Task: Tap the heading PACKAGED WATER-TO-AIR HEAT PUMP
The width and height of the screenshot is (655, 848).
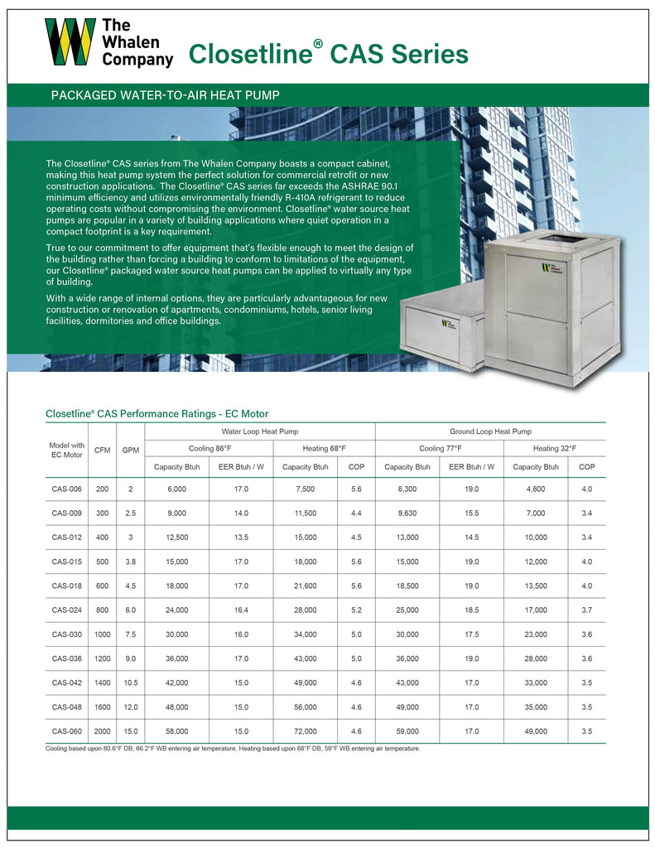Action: tap(165, 95)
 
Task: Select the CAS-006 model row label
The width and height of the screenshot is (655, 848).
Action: tap(66, 489)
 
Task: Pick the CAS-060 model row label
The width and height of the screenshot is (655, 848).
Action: tap(66, 731)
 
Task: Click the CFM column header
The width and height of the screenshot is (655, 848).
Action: tap(103, 450)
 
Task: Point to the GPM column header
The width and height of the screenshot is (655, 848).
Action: tap(130, 450)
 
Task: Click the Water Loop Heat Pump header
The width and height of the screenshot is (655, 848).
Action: tap(259, 431)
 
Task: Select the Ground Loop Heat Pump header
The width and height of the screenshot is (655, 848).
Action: tap(490, 431)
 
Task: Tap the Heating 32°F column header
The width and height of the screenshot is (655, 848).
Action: tap(554, 448)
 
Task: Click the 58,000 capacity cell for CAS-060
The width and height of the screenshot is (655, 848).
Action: tap(176, 731)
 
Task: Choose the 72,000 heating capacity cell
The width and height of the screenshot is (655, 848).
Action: tap(306, 731)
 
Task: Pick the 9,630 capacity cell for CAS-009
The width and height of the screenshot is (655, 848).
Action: tap(407, 513)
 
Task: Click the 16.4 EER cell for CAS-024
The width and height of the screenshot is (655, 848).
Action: tap(241, 610)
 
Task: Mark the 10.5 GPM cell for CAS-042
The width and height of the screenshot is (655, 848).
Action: tap(130, 683)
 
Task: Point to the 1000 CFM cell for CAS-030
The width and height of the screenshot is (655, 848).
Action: tap(103, 634)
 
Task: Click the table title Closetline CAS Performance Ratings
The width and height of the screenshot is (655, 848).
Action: tap(157, 413)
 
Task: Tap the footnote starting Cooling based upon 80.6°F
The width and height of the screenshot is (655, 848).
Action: tap(233, 749)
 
